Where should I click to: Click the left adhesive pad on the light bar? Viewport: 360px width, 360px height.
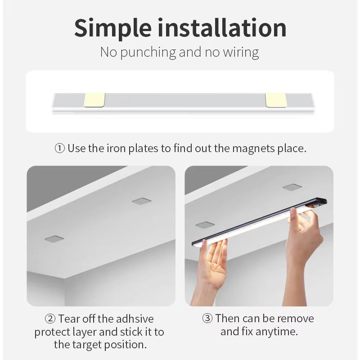(x=94, y=100)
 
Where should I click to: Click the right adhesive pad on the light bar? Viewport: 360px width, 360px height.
(x=276, y=100)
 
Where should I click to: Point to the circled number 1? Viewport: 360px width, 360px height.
(x=60, y=148)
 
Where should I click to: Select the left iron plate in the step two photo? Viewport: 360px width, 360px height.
(x=54, y=238)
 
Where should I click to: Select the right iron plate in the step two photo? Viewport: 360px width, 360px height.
(x=141, y=201)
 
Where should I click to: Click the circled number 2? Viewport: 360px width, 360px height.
(x=50, y=319)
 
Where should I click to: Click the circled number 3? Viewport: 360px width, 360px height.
(x=207, y=319)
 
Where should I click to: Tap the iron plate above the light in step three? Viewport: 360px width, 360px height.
(x=292, y=187)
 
